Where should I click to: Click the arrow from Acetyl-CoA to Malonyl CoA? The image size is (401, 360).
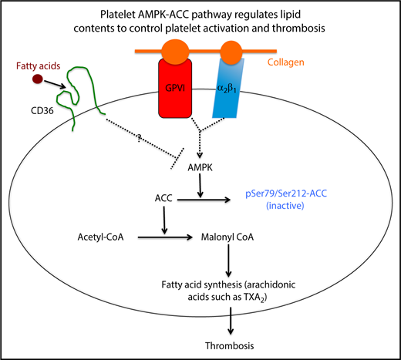coord(163,238)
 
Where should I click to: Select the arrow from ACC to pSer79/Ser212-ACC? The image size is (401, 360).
coord(224,199)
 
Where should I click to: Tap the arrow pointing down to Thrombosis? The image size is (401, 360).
coord(231,320)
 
